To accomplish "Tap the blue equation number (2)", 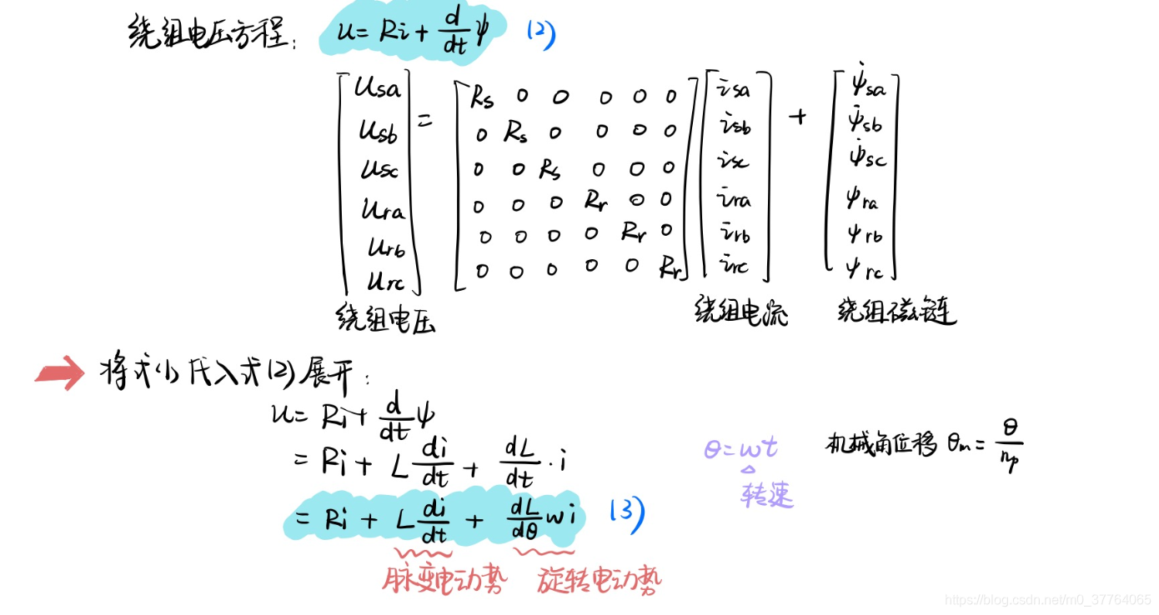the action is (x=540, y=34).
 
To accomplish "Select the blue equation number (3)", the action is (x=627, y=516).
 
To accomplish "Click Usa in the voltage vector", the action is (x=378, y=88).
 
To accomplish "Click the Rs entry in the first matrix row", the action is (x=482, y=98).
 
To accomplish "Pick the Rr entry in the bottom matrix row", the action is (x=670, y=267).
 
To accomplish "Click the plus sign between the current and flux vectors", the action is (x=798, y=117).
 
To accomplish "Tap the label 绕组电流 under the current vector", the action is (x=741, y=312).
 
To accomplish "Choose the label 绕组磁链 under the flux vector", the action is (x=896, y=311).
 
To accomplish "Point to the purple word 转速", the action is (x=766, y=495).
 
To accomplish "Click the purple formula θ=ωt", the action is (x=740, y=449).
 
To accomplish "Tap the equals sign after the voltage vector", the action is (x=426, y=121).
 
